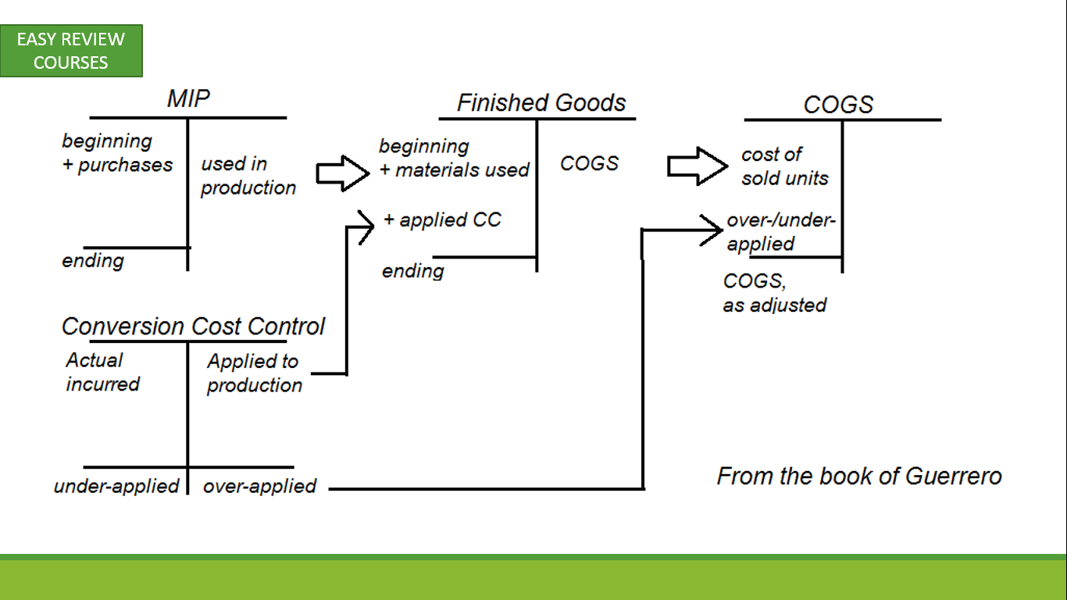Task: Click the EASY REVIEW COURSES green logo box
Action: [71, 51]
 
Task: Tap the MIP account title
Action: [188, 98]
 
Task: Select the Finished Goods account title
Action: [541, 102]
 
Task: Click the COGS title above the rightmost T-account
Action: [838, 105]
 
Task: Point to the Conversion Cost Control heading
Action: [193, 327]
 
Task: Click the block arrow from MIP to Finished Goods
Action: [342, 173]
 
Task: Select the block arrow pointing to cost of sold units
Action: [698, 166]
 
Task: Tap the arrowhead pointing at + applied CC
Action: [366, 227]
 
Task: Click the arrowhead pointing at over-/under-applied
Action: [711, 230]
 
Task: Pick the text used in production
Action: [248, 176]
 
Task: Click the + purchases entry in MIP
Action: [117, 165]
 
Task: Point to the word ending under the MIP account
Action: [93, 261]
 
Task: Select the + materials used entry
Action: [455, 170]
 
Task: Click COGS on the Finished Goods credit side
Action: [589, 163]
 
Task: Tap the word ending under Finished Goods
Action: [413, 271]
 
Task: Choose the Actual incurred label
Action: [102, 372]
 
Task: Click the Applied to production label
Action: [255, 373]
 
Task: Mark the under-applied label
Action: [116, 486]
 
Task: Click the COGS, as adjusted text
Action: [775, 293]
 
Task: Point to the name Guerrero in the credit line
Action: [953, 476]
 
